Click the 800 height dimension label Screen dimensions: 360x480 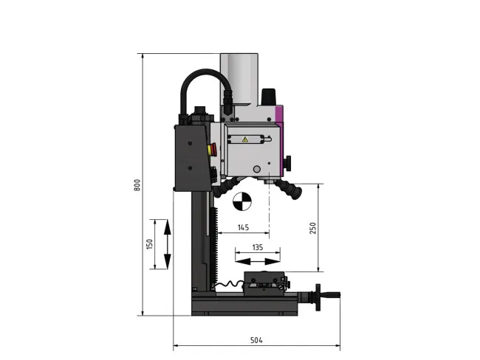[x=137, y=185]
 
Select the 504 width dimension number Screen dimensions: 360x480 [x=256, y=340]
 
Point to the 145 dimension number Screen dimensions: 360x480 [x=243, y=226]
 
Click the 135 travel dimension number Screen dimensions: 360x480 [x=258, y=248]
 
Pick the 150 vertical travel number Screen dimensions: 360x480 [x=150, y=243]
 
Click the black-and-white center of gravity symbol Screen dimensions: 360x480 [x=241, y=201]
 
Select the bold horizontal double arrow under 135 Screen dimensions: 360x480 [x=258, y=258]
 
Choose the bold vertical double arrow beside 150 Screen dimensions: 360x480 [x=167, y=243]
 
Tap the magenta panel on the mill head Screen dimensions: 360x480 [x=279, y=115]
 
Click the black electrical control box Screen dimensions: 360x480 [x=190, y=156]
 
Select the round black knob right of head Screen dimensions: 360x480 [x=289, y=162]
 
